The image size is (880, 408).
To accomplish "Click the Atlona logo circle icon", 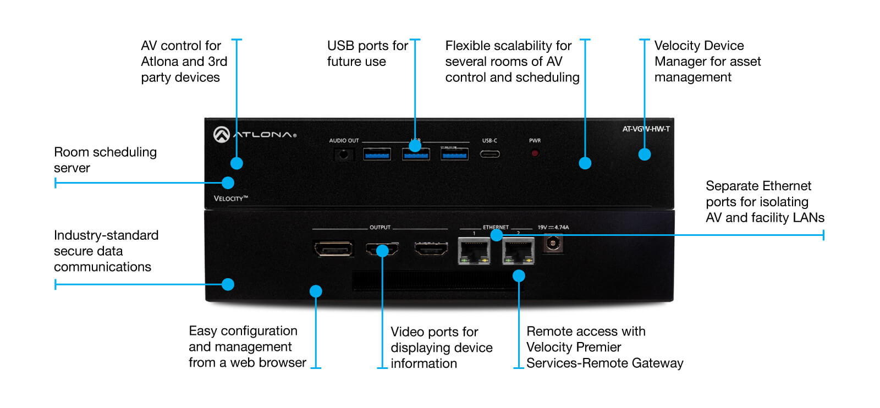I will [222, 135].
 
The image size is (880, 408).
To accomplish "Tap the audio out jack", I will [344, 155].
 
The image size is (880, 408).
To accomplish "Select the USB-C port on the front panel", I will [490, 154].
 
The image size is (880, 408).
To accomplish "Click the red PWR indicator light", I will [535, 153].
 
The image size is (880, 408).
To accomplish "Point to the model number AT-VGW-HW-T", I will [646, 129].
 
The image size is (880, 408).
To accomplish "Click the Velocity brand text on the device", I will [230, 199].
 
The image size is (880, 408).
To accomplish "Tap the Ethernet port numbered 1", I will [474, 251].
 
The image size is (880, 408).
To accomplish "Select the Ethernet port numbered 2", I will [518, 251].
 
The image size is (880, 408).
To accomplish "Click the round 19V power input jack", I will [553, 242].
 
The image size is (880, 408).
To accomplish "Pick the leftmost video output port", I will [333, 250].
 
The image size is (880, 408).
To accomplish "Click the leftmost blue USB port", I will [377, 155].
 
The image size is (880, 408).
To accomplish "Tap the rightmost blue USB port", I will [454, 155].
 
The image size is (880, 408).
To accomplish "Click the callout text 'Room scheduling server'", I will [105, 160].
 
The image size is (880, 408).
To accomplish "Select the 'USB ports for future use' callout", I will [367, 53].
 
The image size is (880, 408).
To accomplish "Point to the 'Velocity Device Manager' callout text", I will [707, 61].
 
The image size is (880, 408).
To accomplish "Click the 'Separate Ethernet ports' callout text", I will [765, 202].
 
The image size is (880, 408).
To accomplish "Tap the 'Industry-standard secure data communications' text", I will [106, 251].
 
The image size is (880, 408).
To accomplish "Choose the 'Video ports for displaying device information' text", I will [441, 348].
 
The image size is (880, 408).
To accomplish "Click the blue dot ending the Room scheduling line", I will [228, 183].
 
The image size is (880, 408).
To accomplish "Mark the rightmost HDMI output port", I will [431, 250].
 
